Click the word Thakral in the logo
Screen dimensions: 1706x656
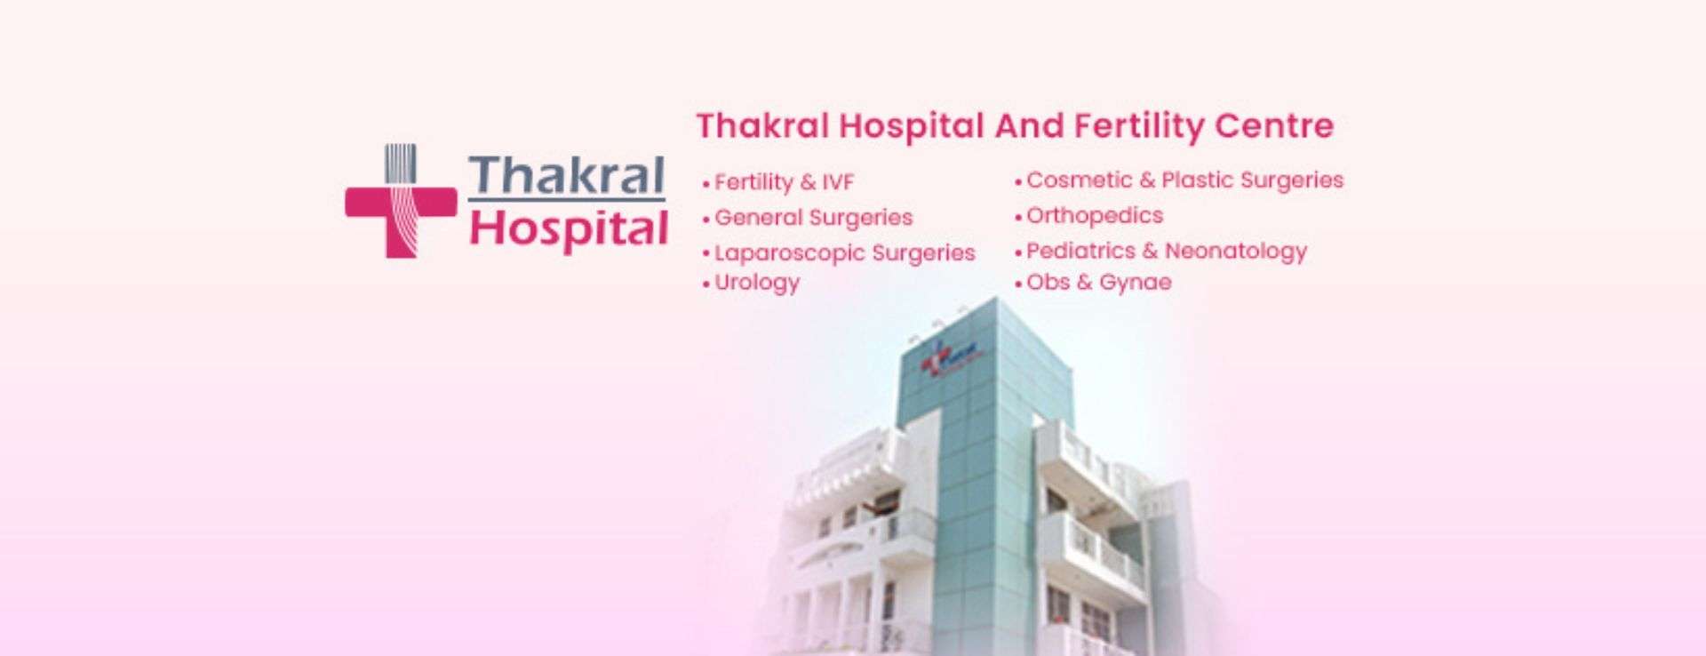[567, 175]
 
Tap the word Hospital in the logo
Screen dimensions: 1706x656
[569, 228]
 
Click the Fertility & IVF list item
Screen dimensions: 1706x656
[778, 182]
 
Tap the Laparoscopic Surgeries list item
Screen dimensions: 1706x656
[839, 253]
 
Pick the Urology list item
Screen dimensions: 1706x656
[752, 283]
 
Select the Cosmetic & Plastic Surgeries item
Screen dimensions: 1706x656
[1179, 180]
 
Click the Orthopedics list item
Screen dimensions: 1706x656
[1088, 216]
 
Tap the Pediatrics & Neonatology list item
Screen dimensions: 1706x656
[1160, 252]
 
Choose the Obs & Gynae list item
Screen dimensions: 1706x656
[1093, 283]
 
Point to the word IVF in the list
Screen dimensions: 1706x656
[838, 182]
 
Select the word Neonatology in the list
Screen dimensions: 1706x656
[1236, 252]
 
